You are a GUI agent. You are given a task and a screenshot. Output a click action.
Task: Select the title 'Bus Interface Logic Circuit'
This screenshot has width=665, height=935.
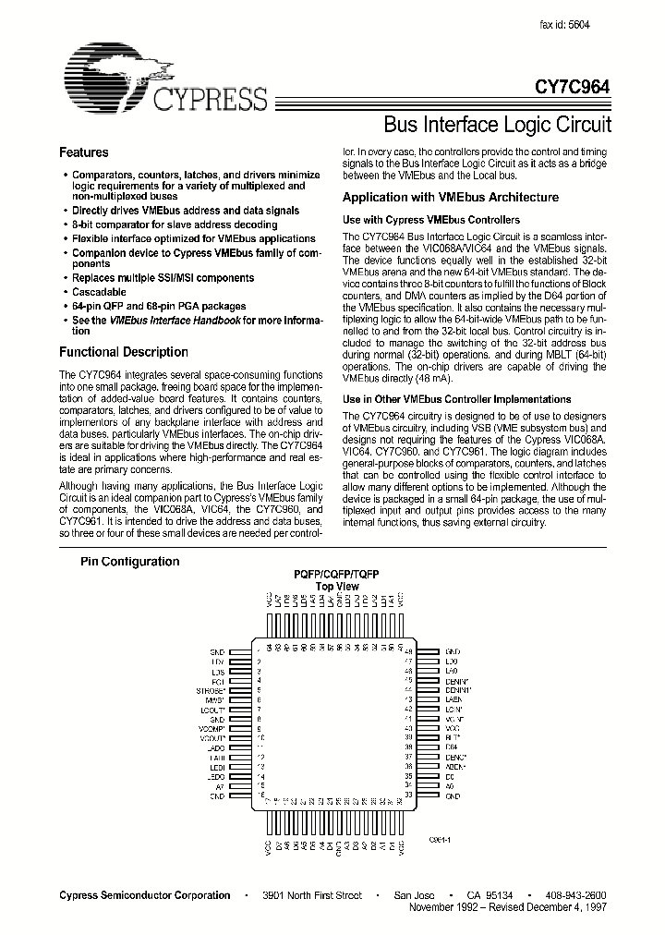point(496,124)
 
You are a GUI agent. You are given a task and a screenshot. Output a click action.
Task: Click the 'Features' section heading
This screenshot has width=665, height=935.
point(83,152)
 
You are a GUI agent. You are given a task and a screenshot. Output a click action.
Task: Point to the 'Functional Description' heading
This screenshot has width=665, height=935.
point(123,352)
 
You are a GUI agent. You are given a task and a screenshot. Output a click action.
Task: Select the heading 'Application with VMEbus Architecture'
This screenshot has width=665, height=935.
point(450,197)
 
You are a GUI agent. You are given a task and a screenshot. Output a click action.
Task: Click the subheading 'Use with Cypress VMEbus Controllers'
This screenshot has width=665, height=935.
point(431,220)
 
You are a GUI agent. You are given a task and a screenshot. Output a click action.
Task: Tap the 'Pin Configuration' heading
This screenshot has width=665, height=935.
point(129,561)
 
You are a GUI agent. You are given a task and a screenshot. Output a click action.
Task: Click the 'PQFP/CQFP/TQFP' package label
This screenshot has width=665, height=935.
point(336,574)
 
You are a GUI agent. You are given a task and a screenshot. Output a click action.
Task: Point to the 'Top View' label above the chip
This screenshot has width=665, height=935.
point(336,586)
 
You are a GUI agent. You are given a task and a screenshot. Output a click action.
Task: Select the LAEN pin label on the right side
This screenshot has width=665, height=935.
point(453,699)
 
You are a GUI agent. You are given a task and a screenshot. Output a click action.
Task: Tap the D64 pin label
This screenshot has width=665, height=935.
point(451,747)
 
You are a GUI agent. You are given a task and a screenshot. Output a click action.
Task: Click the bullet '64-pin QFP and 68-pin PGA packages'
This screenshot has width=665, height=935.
point(159,305)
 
